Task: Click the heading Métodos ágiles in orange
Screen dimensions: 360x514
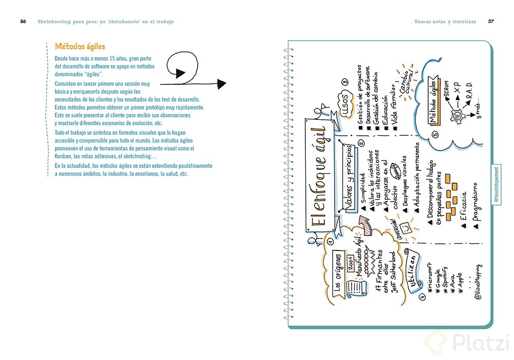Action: pos(80,47)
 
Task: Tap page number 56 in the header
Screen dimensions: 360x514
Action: pos(23,22)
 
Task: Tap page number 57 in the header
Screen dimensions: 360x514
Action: pos(491,22)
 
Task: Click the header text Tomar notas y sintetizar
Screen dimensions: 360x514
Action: pos(445,22)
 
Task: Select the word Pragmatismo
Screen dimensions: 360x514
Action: pos(475,201)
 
